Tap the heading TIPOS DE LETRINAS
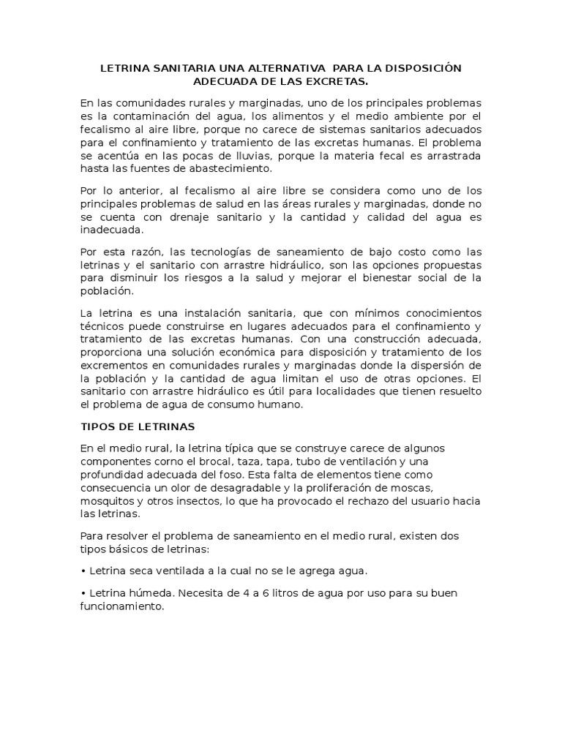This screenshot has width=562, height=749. [x=138, y=425]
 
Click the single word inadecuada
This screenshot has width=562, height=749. [x=112, y=230]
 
